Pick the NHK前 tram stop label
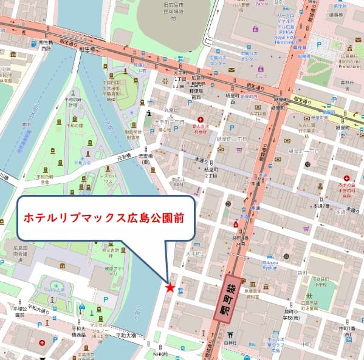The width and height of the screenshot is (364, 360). pyautogui.click(x=160, y=354)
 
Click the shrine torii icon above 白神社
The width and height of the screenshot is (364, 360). pyautogui.click(x=230, y=335)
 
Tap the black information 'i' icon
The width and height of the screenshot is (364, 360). pyautogui.click(x=149, y=112)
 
